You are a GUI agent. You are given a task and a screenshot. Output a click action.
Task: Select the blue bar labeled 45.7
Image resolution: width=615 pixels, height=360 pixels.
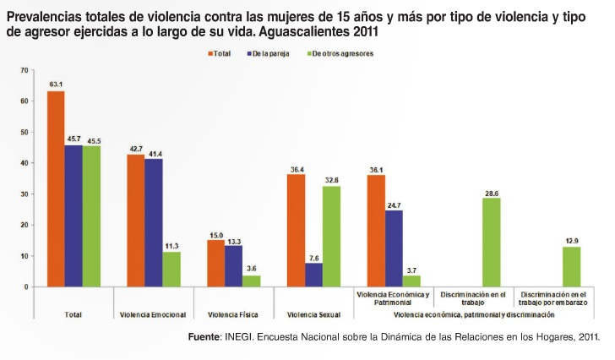coord(73,216)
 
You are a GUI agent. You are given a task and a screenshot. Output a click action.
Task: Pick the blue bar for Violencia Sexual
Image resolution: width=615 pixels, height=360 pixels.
coord(314,275)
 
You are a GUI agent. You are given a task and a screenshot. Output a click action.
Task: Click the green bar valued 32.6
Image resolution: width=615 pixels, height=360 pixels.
coord(332,237)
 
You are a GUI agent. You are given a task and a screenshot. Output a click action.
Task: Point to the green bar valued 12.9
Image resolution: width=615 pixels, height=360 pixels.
coord(571,267)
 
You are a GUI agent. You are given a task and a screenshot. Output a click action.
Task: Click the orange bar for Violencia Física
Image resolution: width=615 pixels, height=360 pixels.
coord(216,264)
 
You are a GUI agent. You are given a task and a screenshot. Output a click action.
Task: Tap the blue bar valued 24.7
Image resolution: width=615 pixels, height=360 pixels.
coord(394,248)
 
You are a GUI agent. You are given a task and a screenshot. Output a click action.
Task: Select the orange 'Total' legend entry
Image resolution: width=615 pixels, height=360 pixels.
coord(222,53)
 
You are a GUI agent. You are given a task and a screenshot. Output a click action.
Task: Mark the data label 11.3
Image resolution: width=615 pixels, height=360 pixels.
coord(171,246)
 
